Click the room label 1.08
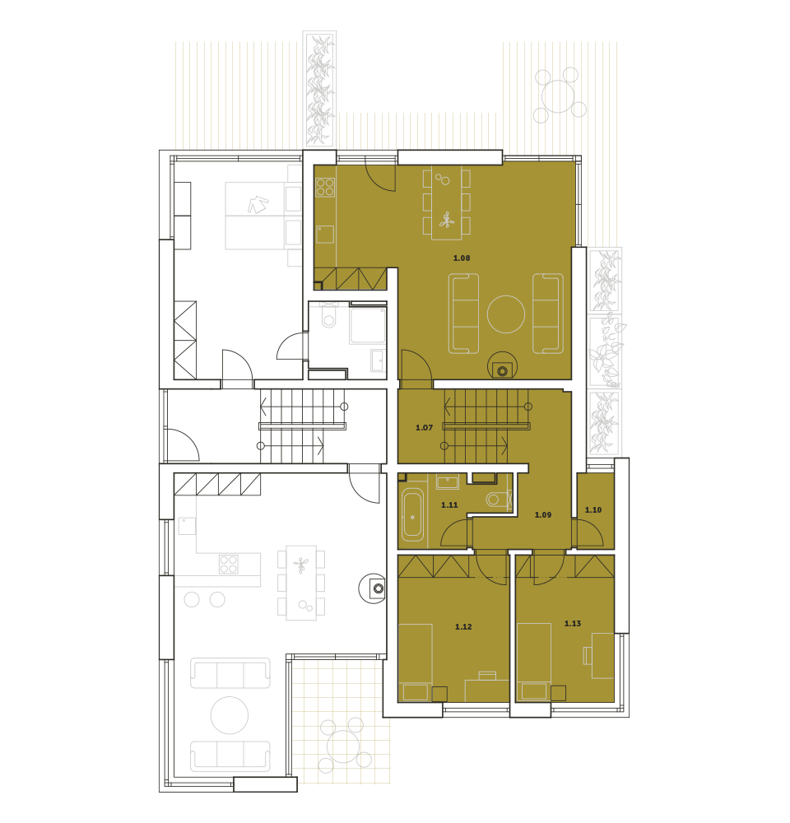(x=462, y=258)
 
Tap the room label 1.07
(x=424, y=428)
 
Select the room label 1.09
(x=543, y=515)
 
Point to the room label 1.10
(x=593, y=509)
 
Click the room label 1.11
(x=449, y=505)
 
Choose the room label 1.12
(x=463, y=626)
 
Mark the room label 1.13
(x=573, y=624)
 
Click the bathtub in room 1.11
(x=412, y=515)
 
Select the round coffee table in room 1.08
(x=506, y=314)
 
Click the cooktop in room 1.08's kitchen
(x=325, y=188)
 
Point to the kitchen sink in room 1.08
(x=325, y=234)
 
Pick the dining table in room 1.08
(x=447, y=202)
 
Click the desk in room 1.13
(x=602, y=656)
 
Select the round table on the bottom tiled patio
(x=343, y=746)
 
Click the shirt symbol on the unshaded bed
(x=258, y=204)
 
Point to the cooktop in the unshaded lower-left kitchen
(x=229, y=565)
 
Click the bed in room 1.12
(x=416, y=663)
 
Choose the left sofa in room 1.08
(x=463, y=314)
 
